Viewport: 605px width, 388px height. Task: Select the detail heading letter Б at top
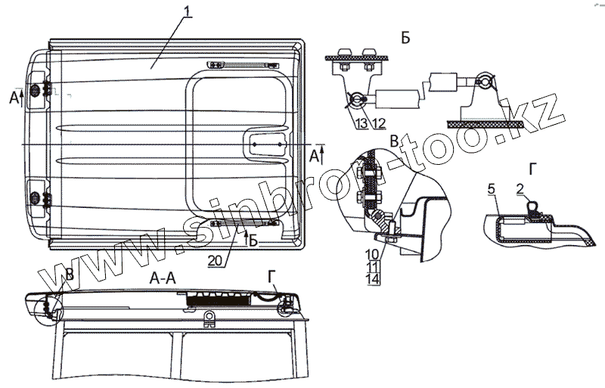[x=406, y=39]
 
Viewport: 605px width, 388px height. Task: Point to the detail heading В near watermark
[x=393, y=141]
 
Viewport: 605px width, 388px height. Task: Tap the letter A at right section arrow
[x=314, y=157]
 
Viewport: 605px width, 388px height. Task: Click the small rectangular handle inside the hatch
[x=268, y=144]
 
